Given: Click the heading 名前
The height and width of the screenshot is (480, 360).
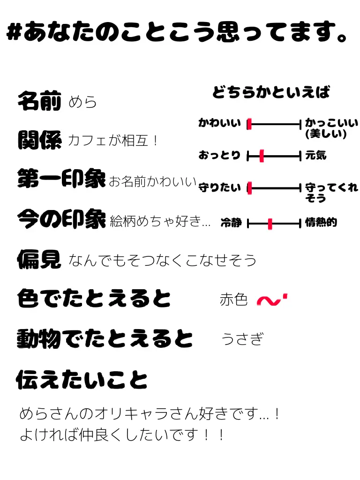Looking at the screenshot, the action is [x=39, y=101].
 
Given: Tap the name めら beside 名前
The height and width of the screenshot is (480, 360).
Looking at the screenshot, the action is [x=82, y=102].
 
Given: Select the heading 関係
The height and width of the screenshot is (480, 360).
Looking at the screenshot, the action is [x=39, y=140].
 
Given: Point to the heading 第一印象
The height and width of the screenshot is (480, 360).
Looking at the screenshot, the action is [x=61, y=179].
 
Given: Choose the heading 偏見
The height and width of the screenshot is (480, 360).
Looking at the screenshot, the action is [x=39, y=259].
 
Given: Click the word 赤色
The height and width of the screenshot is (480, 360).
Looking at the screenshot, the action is [x=233, y=300].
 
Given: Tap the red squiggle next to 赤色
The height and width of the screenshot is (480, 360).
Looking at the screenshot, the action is [x=272, y=300].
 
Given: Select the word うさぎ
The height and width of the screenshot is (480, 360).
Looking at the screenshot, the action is [x=242, y=338].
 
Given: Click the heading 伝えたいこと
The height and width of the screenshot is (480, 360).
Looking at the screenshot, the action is [x=82, y=379].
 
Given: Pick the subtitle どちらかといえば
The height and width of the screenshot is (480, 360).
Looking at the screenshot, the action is [x=271, y=92].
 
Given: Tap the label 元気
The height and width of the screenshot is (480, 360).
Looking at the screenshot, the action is [x=315, y=156].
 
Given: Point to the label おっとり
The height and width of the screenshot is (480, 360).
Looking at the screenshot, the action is [x=219, y=156].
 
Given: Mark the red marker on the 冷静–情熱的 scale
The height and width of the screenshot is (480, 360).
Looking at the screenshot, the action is [x=270, y=224].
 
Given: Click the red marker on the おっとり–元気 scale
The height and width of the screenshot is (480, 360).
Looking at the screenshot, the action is [x=262, y=156].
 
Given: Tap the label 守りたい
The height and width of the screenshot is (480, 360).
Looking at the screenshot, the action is [x=219, y=188].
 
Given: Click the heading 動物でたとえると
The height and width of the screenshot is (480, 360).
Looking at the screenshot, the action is [x=105, y=338].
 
